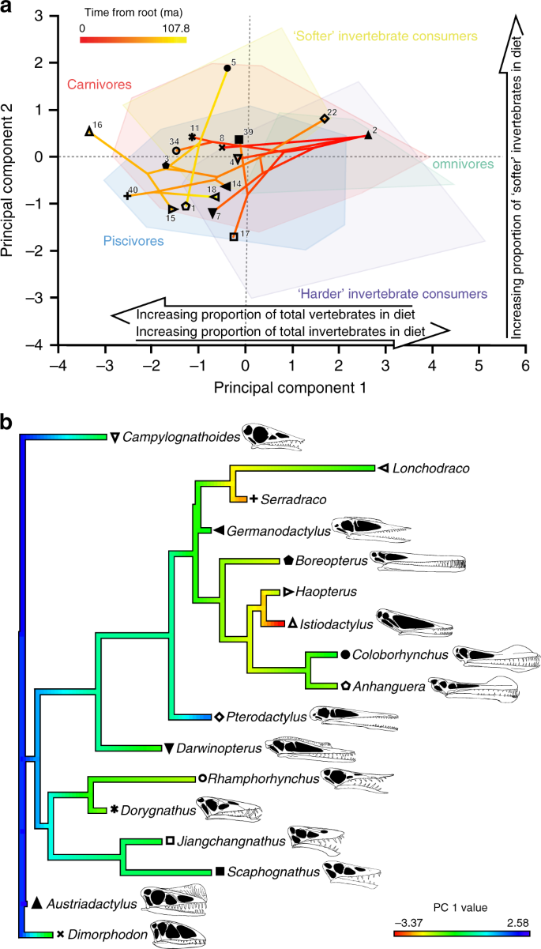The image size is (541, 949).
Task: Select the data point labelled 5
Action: pyautogui.click(x=227, y=69)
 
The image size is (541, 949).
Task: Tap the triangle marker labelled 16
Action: pyautogui.click(x=89, y=131)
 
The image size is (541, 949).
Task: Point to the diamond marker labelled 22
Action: pyautogui.click(x=324, y=119)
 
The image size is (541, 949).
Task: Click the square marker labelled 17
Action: pyautogui.click(x=234, y=236)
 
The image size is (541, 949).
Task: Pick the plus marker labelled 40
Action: pyautogui.click(x=127, y=194)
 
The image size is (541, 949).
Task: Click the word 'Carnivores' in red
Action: pyautogui.click(x=99, y=85)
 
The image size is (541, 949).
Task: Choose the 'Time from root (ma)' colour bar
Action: pyautogui.click(x=133, y=39)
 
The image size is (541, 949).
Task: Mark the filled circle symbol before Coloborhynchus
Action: pyautogui.click(x=345, y=654)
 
